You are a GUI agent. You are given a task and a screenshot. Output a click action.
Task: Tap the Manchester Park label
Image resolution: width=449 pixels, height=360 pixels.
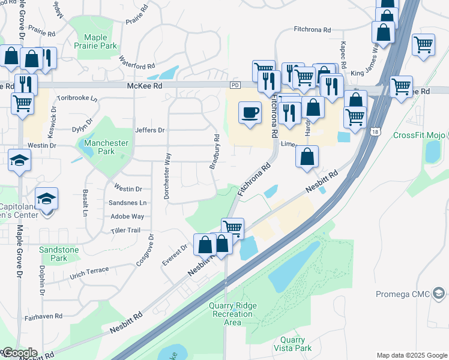click(x=106, y=147)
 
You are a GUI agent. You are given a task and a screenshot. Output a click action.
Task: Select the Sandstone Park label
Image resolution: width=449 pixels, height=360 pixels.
click(x=59, y=253)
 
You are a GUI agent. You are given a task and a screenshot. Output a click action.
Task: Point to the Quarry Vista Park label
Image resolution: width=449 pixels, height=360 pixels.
click(x=292, y=344)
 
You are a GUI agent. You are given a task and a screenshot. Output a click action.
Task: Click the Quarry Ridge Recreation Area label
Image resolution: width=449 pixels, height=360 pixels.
click(x=232, y=314)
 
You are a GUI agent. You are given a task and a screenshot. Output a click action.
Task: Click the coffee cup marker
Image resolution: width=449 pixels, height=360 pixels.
click(x=250, y=111)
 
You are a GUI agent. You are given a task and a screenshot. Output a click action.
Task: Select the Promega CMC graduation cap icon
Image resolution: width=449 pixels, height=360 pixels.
click(x=439, y=293)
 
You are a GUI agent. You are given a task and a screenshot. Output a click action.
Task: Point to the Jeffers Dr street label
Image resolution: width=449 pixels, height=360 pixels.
click(x=149, y=130)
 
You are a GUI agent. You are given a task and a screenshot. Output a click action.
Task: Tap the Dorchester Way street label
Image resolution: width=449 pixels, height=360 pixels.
click(x=168, y=175)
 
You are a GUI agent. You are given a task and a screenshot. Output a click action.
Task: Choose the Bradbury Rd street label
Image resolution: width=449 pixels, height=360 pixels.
click(x=214, y=152)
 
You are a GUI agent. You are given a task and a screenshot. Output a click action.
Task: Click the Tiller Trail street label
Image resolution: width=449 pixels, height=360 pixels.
click(x=125, y=230)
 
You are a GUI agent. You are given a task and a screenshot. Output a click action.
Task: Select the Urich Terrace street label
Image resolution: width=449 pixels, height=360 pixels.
click(x=89, y=274)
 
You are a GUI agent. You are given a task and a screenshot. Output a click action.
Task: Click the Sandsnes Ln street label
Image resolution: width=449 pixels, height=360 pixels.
click(x=127, y=203)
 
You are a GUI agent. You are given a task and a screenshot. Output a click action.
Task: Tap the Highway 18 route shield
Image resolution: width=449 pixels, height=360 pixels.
click(x=375, y=131)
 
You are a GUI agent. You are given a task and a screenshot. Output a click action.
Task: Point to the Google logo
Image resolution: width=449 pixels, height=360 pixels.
click(x=19, y=353)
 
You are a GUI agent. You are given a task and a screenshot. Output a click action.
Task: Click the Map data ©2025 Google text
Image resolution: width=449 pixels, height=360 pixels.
click(x=411, y=355)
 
